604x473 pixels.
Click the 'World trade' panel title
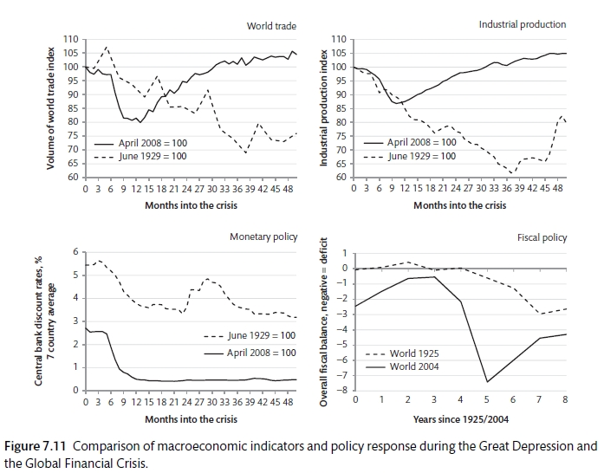pos(272,26)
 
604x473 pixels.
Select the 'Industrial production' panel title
pos(523,24)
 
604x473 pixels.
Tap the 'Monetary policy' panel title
pos(263,236)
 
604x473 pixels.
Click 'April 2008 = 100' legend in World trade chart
pos(152,143)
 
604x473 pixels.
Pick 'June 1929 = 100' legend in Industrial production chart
pos(421,157)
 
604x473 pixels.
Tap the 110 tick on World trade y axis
pos(71,40)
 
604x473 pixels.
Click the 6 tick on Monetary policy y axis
pos(75,252)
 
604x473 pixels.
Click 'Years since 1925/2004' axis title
pos(459,420)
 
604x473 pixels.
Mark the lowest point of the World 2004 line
pos(487,381)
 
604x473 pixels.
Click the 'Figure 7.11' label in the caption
pos(33,447)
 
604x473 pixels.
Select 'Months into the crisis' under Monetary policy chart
pos(191,420)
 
